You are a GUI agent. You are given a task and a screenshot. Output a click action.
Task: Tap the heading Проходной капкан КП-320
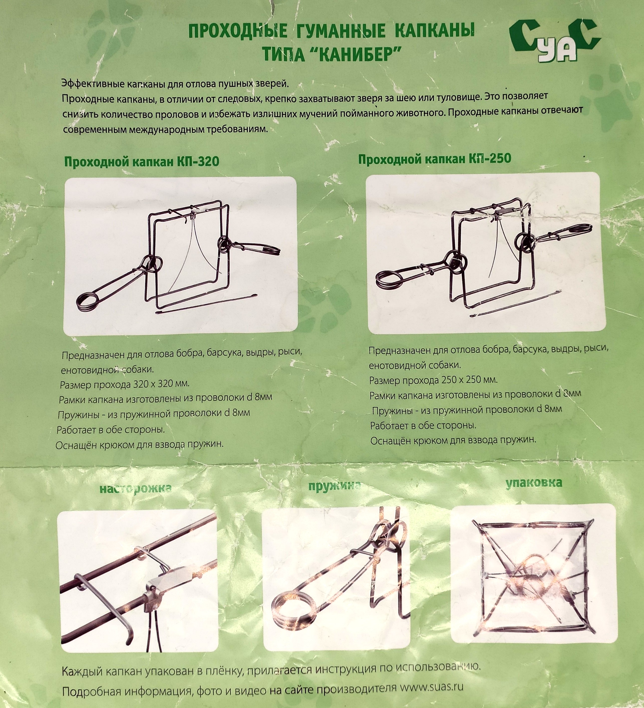[x=142, y=162]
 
